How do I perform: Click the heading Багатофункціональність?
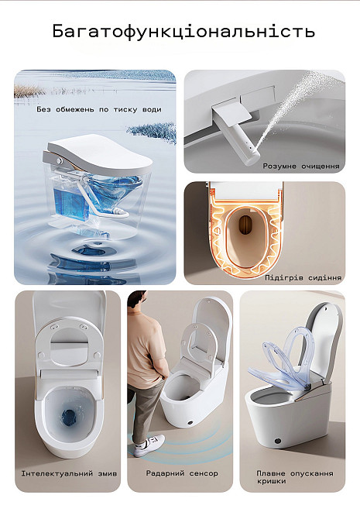pyautogui.click(x=183, y=32)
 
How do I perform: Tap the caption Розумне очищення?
pyautogui.click(x=301, y=167)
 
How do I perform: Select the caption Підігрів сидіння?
pyautogui.click(x=303, y=278)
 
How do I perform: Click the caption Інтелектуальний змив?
pyautogui.click(x=69, y=473)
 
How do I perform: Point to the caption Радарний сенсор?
pyautogui.click(x=182, y=473)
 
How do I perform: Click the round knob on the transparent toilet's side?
pyautogui.click(x=60, y=161)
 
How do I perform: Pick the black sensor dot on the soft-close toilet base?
pyautogui.click(x=278, y=441)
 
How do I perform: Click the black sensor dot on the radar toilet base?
pyautogui.click(x=190, y=423)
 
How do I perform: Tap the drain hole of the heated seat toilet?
pyautogui.click(x=245, y=225)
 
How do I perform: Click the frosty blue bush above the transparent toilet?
pyautogui.click(x=153, y=132)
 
